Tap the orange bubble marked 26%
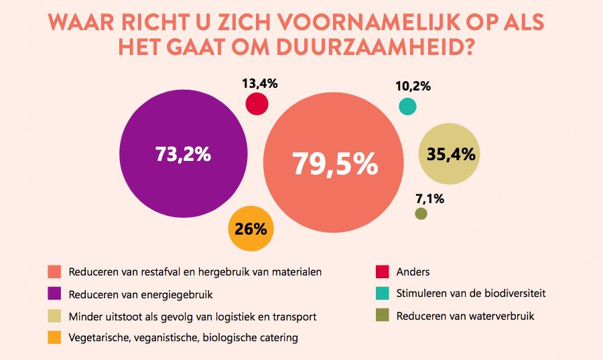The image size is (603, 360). (x=251, y=229)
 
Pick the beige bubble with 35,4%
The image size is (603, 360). (x=451, y=154)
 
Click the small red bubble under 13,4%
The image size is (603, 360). (x=257, y=105)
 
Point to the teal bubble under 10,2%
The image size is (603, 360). (x=407, y=107)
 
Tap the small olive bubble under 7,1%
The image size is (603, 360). (x=421, y=214)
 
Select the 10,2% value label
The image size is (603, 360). (x=413, y=86)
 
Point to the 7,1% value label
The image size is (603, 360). (x=429, y=198)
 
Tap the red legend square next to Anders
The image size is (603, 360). (x=382, y=272)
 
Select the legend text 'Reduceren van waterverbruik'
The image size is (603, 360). (x=465, y=316)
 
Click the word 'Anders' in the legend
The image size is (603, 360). (x=413, y=272)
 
